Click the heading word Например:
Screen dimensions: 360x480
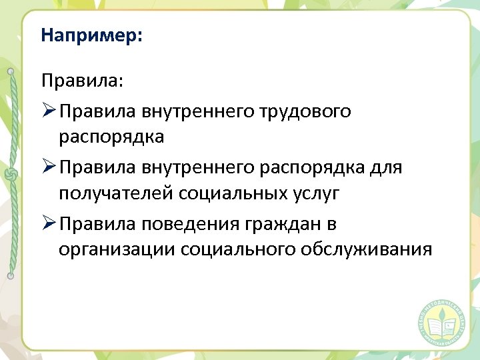(91, 35)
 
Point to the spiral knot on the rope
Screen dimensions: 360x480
(10, 174)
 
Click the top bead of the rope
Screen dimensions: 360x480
(10, 71)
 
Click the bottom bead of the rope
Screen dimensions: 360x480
(10, 275)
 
